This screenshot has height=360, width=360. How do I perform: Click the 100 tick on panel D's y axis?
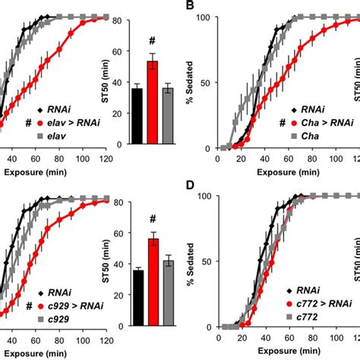[201, 196]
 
